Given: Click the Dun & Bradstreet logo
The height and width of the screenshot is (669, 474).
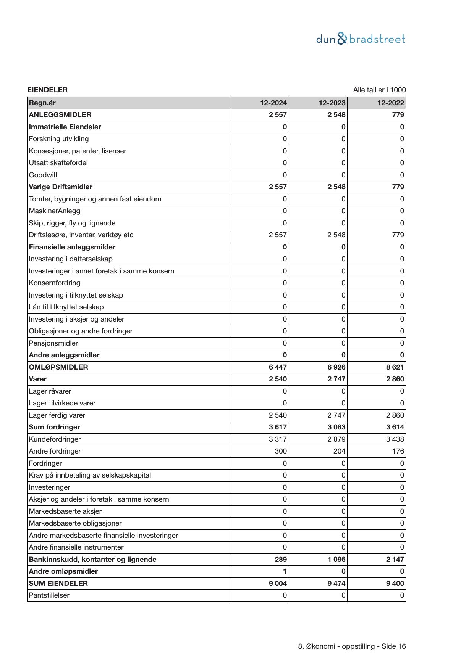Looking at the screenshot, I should click(361, 39).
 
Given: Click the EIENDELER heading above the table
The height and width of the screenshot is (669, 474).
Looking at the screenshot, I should click(47, 90).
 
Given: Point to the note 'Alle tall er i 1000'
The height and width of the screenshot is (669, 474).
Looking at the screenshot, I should click(379, 90).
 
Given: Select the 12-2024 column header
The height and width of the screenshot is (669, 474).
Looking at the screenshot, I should click(273, 103).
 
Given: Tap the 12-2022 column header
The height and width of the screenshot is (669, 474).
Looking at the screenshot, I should click(391, 103).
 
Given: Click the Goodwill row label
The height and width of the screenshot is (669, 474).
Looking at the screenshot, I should click(43, 175).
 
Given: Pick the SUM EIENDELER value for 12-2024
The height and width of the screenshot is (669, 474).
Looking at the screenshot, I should click(278, 583).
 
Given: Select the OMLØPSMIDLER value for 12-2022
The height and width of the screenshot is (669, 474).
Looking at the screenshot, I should click(395, 367).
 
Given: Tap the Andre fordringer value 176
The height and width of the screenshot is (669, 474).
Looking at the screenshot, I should click(398, 451).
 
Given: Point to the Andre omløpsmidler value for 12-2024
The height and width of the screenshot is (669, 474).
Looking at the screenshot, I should click(285, 571).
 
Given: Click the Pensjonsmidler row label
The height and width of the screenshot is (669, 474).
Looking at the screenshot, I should click(53, 343).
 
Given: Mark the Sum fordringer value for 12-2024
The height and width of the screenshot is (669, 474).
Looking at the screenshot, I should click(278, 427).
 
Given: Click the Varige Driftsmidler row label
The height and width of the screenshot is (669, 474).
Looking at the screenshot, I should click(60, 187).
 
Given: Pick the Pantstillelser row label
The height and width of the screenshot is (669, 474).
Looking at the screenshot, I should click(49, 595).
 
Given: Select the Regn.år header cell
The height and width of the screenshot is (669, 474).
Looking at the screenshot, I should click(42, 103).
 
